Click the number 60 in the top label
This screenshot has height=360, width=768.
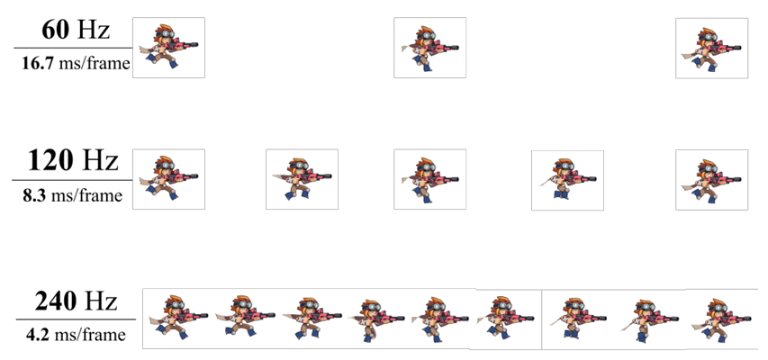pos(56,30)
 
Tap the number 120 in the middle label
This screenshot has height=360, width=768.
pos(50,160)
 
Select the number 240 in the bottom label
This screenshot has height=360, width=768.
pos(55,302)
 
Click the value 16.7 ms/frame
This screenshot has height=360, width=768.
pos(76,64)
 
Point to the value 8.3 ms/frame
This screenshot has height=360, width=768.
pos(73,195)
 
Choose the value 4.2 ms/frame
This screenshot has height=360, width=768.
pos(76,335)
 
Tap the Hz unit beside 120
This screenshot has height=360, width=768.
pos(100,161)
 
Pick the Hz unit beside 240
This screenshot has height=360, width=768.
pos(101,302)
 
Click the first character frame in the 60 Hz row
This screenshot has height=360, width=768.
pos(168,48)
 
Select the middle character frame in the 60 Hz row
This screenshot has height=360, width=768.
pos(430,48)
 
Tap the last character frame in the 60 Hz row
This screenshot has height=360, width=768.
pos(711,48)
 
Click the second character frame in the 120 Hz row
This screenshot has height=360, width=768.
pos(302,179)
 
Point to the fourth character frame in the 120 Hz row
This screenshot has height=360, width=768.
pos(568,180)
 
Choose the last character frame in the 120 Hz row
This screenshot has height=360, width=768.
pos(711,179)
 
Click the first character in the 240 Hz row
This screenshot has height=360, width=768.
pos(177,317)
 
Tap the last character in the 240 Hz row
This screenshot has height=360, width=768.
pos(720,319)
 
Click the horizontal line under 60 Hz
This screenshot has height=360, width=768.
pos(73,48)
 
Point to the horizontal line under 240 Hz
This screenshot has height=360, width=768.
pos(76,319)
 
